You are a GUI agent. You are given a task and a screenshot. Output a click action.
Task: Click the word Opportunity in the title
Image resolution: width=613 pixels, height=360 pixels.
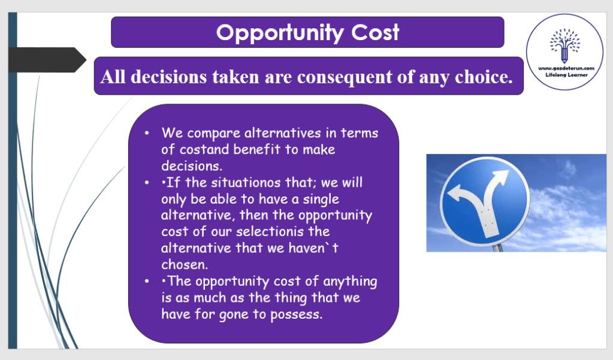[x=280, y=33]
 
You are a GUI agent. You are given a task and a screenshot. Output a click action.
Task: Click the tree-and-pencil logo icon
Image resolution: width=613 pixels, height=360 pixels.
[x=564, y=46]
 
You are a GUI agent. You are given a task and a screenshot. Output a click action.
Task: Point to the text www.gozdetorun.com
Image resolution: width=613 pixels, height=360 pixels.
[x=566, y=68]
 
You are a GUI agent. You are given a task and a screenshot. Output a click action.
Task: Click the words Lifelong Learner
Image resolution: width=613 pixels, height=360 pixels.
[x=566, y=75]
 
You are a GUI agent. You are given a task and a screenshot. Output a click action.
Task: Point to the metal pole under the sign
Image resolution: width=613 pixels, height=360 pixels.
[x=497, y=247]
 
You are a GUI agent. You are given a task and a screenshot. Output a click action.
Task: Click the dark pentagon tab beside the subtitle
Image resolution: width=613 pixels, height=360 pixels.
[x=47, y=60]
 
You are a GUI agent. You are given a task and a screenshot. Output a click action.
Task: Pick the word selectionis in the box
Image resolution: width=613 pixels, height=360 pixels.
[x=270, y=231]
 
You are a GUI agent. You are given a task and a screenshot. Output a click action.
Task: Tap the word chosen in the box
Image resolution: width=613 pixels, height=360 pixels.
[x=185, y=265]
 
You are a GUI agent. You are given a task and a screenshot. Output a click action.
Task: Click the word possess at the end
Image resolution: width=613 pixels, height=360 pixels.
[x=297, y=314]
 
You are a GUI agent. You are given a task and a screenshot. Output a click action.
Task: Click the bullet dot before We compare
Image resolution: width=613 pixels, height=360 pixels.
[x=147, y=134]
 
